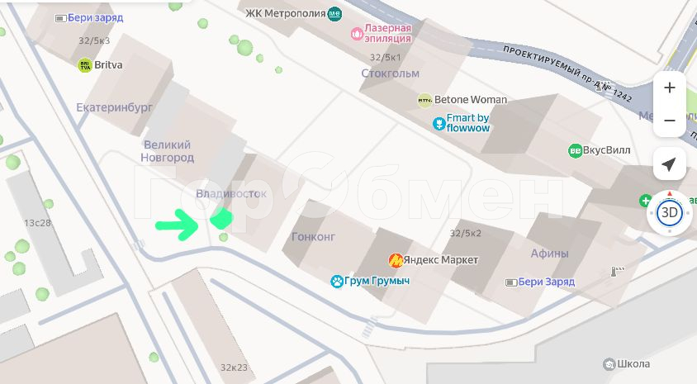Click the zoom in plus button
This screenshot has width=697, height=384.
[x=669, y=88]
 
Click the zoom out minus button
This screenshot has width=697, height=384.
[x=669, y=121]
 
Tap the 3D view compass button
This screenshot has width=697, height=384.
[x=670, y=213]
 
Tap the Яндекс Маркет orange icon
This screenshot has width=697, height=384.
[x=396, y=260]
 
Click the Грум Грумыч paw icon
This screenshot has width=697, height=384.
[x=337, y=282]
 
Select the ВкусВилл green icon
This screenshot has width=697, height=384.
[x=575, y=150]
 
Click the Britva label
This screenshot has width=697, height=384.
[x=109, y=64]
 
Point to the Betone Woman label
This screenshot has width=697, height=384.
[x=471, y=100]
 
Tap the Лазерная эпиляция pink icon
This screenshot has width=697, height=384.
[x=357, y=34]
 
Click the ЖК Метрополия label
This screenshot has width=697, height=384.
[x=285, y=13]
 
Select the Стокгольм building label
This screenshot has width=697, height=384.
[x=390, y=73]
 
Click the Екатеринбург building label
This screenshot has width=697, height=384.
[x=115, y=107]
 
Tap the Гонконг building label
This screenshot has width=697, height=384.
[x=314, y=236]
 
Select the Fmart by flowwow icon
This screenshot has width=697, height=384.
[x=439, y=124]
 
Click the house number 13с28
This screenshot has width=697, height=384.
[x=37, y=223]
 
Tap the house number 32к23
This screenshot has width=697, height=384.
[x=234, y=367]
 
